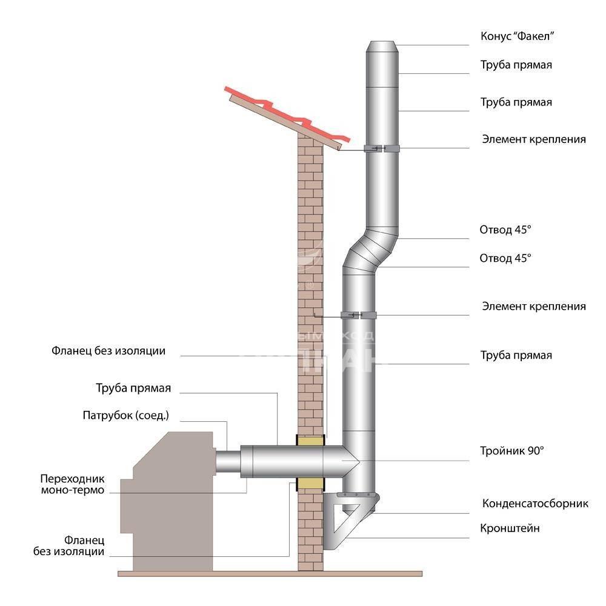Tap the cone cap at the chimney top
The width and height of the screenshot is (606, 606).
click(x=382, y=47)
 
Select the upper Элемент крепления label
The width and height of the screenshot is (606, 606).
click(x=533, y=139)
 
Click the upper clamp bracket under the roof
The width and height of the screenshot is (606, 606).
click(x=381, y=148)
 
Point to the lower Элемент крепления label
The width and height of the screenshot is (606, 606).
click(x=533, y=306)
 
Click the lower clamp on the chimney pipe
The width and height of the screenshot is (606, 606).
click(x=359, y=315)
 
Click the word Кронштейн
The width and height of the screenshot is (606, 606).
click(x=511, y=528)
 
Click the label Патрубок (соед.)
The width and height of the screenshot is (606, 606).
click(x=125, y=416)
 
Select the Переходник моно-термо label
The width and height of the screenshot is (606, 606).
click(x=72, y=483)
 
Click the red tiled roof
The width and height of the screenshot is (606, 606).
click(x=285, y=115)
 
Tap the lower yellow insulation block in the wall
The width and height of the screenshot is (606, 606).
click(x=310, y=483)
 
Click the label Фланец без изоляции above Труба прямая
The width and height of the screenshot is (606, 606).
click(x=108, y=351)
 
